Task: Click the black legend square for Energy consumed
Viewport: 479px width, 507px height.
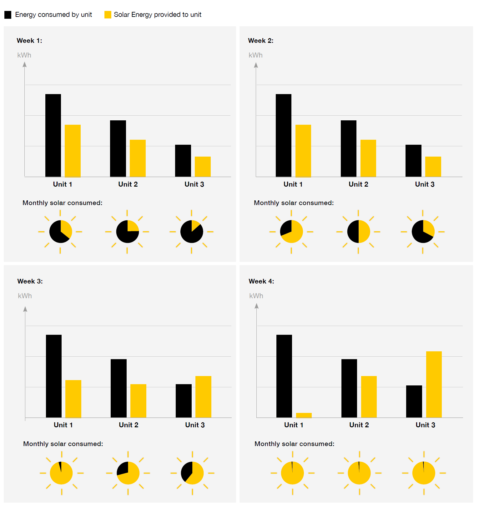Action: pyautogui.click(x=8, y=15)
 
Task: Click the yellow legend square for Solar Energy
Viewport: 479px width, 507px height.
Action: pyautogui.click(x=108, y=15)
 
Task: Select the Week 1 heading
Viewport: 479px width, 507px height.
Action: pyautogui.click(x=29, y=41)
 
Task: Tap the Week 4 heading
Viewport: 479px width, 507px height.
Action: pyautogui.click(x=261, y=281)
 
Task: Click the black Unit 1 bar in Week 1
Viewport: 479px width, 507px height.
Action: pyautogui.click(x=53, y=135)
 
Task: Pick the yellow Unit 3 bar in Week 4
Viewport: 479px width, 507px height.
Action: pyautogui.click(x=434, y=384)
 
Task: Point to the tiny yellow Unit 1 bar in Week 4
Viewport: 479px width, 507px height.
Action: pyautogui.click(x=304, y=415)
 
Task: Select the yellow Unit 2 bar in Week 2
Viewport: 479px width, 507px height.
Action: pyautogui.click(x=368, y=158)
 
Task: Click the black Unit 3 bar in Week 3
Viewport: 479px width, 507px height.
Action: pyautogui.click(x=184, y=401)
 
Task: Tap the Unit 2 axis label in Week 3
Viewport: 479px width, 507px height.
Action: pyautogui.click(x=129, y=425)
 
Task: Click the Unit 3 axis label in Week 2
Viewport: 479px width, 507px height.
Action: pyautogui.click(x=425, y=184)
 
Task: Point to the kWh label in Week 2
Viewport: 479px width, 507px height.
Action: pyautogui.click(x=255, y=55)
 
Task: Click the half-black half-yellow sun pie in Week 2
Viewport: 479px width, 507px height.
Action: pyautogui.click(x=358, y=232)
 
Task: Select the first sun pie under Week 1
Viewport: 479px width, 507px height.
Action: pyautogui.click(x=60, y=232)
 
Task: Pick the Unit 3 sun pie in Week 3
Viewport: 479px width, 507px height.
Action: pyautogui.click(x=192, y=473)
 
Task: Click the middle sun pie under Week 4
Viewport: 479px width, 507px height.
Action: pyautogui.click(x=359, y=473)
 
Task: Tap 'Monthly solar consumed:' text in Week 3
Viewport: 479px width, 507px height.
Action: pyautogui.click(x=63, y=444)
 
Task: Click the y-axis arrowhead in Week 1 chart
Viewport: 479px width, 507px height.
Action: pyautogui.click(x=25, y=64)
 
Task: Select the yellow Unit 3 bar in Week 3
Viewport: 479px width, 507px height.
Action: pyautogui.click(x=203, y=397)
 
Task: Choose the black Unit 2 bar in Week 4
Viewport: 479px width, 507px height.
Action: pyautogui.click(x=349, y=388)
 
